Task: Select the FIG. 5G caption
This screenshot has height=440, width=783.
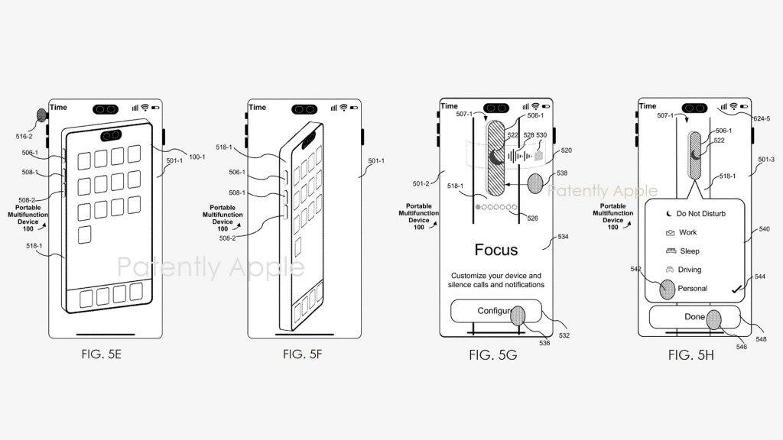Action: tap(496, 354)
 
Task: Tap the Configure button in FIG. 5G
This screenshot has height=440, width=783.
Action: tap(495, 311)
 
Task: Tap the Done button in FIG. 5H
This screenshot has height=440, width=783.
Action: tap(694, 316)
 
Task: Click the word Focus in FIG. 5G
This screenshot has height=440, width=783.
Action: tap(495, 250)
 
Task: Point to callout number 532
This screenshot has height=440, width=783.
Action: tap(564, 335)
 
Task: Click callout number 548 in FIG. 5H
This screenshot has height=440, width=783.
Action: tap(762, 338)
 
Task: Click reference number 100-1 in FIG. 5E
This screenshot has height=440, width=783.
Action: tap(197, 157)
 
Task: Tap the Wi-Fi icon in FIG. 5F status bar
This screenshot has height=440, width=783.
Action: tap(343, 108)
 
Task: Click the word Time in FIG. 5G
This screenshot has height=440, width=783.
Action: tap(449, 106)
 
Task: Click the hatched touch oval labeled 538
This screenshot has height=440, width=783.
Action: tap(535, 183)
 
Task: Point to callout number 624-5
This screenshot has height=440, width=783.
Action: tap(762, 118)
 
